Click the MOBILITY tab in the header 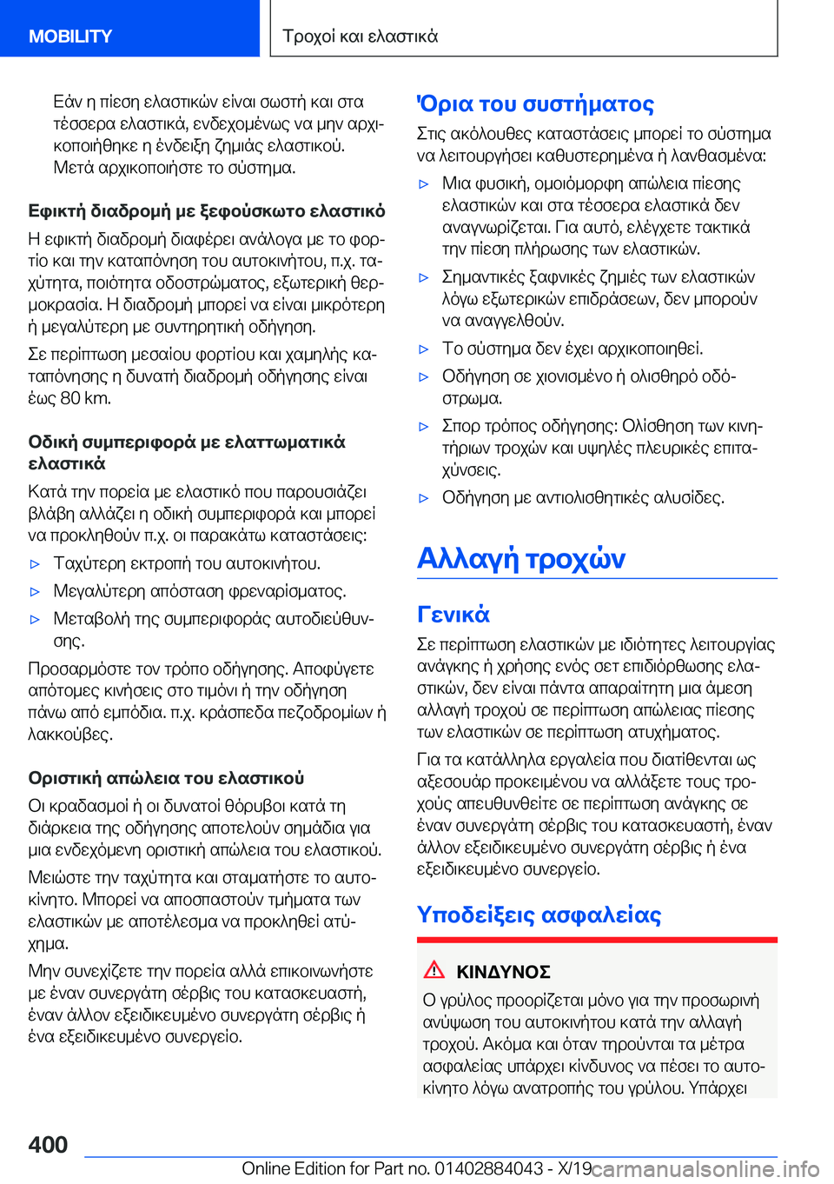[70, 37]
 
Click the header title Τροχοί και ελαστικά [361, 37]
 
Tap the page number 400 [48, 1144]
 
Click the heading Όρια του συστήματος [535, 104]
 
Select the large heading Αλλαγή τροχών [521, 558]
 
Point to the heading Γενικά [453, 615]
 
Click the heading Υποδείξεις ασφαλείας [539, 915]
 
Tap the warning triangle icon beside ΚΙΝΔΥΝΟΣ [434, 970]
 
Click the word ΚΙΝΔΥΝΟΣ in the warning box [503, 972]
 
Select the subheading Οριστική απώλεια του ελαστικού [166, 778]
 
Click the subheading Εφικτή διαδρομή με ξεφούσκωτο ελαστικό [207, 211]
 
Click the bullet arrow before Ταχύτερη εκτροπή [36, 564]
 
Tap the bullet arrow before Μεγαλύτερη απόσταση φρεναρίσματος [36, 592]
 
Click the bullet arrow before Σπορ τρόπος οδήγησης [424, 427]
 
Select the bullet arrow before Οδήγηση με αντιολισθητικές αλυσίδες [424, 498]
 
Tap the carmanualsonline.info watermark [705, 1169]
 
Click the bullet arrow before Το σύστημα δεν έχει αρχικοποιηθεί [424, 349]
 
